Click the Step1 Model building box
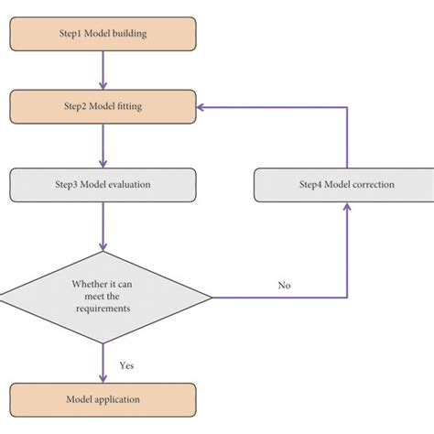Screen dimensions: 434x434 (103, 35)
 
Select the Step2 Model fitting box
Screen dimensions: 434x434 (103, 106)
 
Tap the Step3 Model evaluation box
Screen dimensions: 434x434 (103, 184)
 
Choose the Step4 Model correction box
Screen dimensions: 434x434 (347, 185)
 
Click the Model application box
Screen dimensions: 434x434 (103, 400)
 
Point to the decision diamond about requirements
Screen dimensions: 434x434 (103, 297)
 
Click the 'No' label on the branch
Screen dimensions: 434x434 (285, 286)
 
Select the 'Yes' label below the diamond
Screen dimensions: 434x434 (127, 365)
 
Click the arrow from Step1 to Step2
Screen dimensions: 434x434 (103, 70)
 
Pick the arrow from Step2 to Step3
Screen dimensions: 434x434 (103, 145)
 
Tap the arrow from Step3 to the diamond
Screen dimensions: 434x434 (103, 225)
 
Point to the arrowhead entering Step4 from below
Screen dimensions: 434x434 (347, 207)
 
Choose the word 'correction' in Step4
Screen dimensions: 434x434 (371, 185)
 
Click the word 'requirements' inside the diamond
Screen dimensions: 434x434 (103, 309)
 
